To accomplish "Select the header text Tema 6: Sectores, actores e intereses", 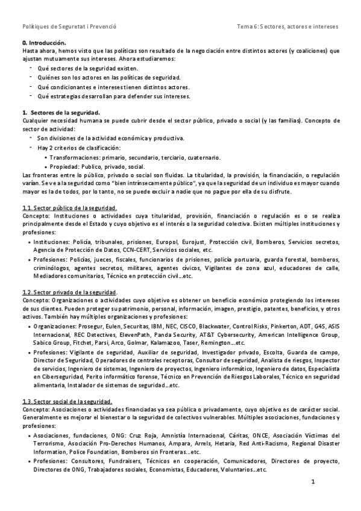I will coord(288,27).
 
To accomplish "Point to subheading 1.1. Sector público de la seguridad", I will coord(69,207).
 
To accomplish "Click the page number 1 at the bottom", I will coord(313,482).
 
